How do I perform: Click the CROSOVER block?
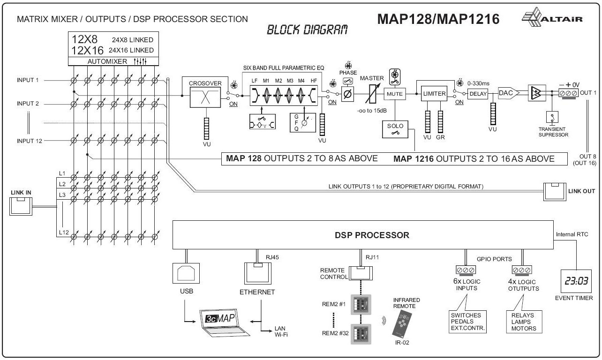pyautogui.click(x=205, y=94)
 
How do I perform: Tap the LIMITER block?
pyautogui.click(x=434, y=94)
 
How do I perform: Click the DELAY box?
pyautogui.click(x=478, y=94)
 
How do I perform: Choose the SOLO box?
pyautogui.click(x=394, y=129)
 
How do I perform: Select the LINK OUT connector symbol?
pyautogui.click(x=555, y=191)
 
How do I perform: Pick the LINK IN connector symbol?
pyautogui.click(x=22, y=206)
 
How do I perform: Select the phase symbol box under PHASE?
pyautogui.click(x=348, y=94)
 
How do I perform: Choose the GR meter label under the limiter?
pyautogui.click(x=441, y=138)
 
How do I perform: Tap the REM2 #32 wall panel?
pyautogui.click(x=361, y=335)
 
